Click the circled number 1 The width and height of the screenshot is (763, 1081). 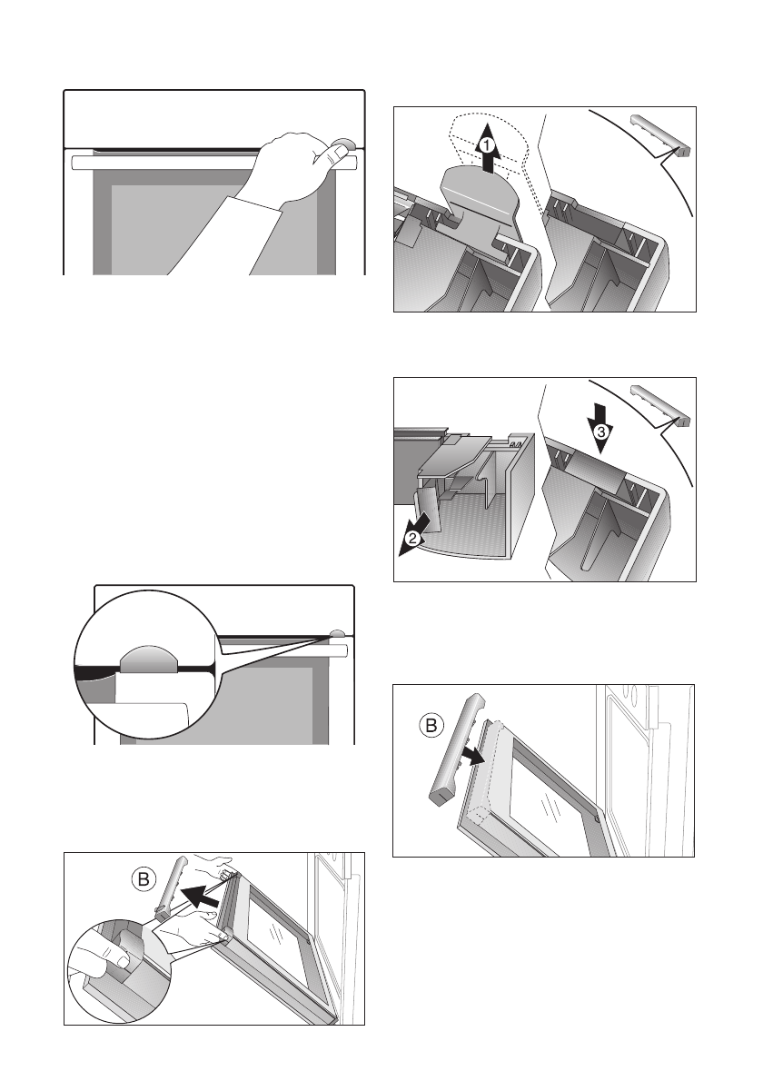[x=487, y=146]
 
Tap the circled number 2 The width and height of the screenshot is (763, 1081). [x=412, y=539]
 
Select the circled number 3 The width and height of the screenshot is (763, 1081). [x=601, y=432]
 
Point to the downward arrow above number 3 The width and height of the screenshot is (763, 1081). [x=599, y=428]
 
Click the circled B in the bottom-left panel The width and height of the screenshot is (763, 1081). [x=143, y=879]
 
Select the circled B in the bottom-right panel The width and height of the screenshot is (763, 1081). [x=431, y=725]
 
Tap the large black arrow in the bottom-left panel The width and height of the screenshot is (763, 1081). [x=203, y=897]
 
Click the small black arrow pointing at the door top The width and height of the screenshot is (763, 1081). [x=472, y=757]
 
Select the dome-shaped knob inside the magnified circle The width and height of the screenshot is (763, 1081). [x=150, y=660]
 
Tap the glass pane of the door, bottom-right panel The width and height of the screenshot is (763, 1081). [x=548, y=803]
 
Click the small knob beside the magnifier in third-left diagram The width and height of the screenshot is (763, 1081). [x=338, y=632]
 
